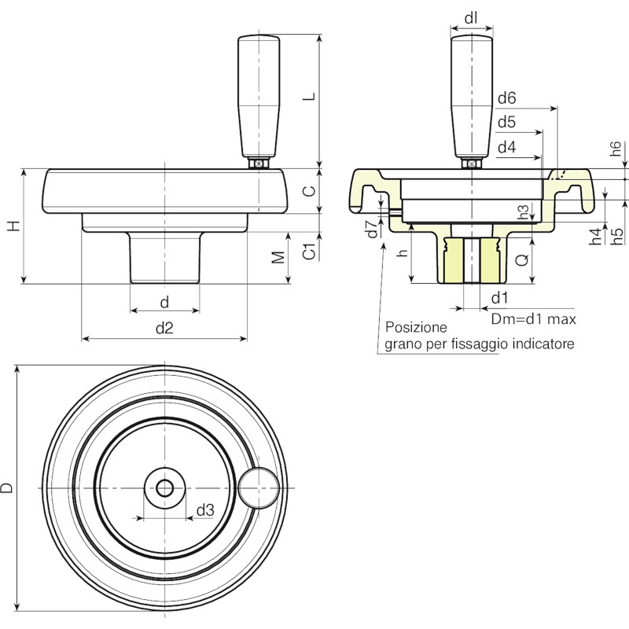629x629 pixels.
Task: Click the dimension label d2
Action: pos(164,328)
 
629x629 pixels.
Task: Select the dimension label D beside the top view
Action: pos(7,487)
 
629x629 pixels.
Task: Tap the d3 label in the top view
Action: pos(205,510)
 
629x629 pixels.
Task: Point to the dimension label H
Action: pos(13,226)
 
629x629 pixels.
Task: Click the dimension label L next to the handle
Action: pos(309,97)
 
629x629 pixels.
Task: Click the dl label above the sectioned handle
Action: pos(471,18)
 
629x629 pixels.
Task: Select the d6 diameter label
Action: pos(506,97)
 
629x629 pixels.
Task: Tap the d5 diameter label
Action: pos(506,122)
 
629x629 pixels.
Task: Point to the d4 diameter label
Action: pos(506,148)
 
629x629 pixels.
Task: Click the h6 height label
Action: pos(616,149)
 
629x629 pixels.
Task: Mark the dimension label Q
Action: pos(522,261)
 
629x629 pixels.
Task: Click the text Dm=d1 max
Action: pos(534,319)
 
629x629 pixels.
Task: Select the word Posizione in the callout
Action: pos(416,327)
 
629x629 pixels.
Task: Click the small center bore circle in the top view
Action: pos(164,488)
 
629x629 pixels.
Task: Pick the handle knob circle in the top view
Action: pos(259,487)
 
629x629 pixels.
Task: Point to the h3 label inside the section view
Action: pos(523,212)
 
